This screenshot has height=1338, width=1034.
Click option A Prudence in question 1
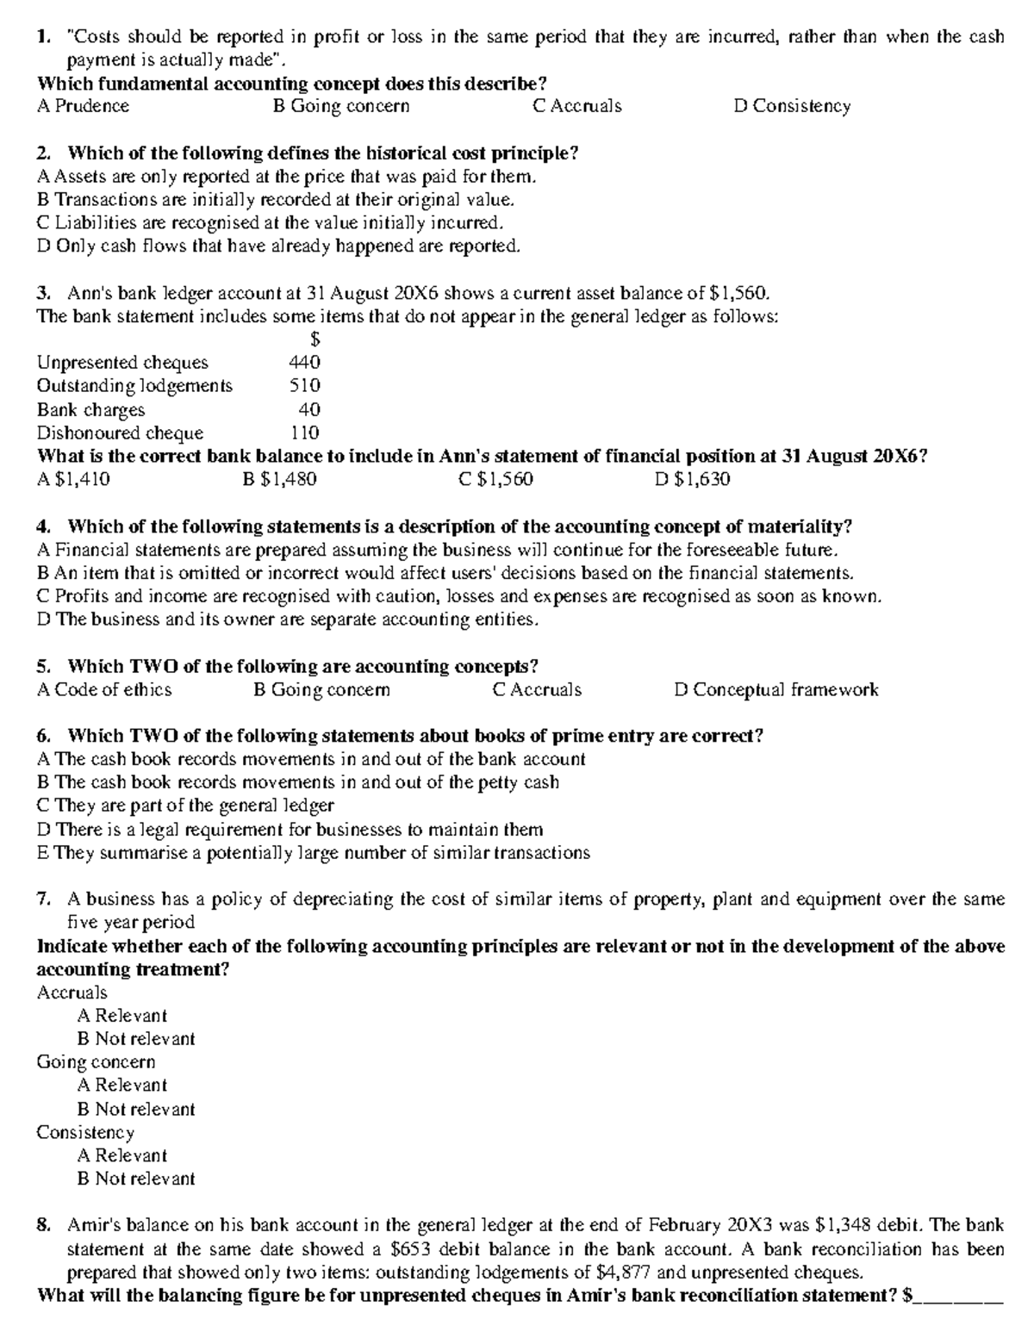tap(83, 106)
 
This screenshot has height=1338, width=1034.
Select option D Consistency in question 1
tap(792, 106)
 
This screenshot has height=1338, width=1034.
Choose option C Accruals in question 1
tap(576, 106)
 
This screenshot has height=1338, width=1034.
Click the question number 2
tap(43, 153)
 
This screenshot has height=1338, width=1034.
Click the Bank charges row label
tap(90, 409)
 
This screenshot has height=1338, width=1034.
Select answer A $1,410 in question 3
tap(73, 479)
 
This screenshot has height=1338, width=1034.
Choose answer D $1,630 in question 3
tap(692, 479)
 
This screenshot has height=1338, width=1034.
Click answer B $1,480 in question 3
tap(280, 479)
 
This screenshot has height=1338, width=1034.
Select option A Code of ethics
tap(104, 689)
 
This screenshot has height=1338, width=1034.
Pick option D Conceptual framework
tap(775, 689)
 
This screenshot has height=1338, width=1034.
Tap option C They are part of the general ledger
tap(185, 806)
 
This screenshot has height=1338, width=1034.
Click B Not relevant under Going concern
tap(136, 1109)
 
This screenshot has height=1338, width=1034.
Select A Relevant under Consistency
tap(121, 1155)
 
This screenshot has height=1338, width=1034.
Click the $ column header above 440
tap(315, 339)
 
